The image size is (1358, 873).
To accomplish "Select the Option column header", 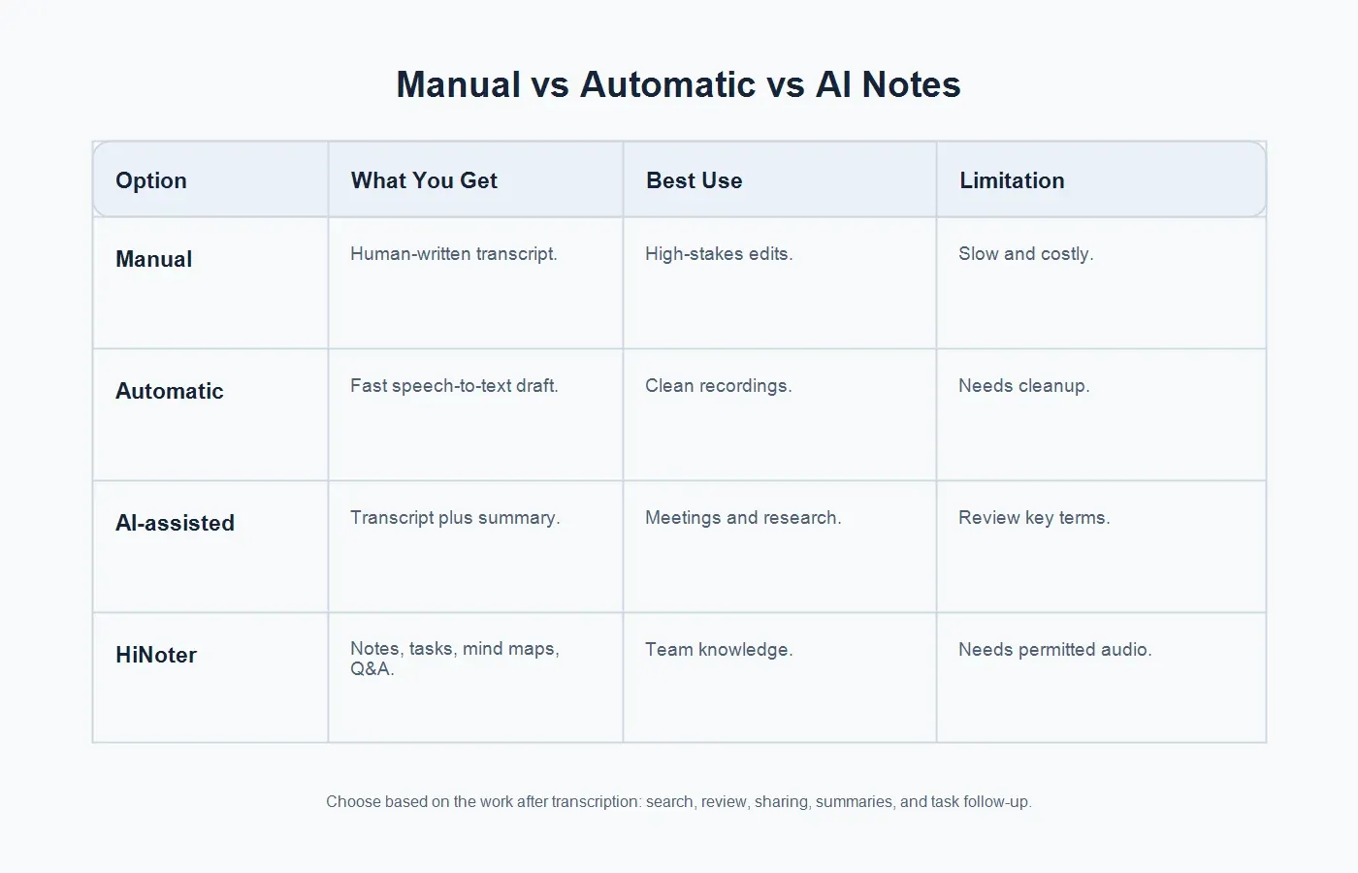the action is pos(151,180).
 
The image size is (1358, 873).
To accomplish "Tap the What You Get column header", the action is pos(424,180).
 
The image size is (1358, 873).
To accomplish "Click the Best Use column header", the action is pos(695,180).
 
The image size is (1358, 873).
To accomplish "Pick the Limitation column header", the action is pos(1012,180).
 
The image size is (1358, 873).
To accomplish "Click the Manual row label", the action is pos(153,259).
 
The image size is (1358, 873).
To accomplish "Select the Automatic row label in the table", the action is pos(169,391).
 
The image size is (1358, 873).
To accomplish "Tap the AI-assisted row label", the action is pos(175,523).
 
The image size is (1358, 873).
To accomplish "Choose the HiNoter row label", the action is pos(156,655).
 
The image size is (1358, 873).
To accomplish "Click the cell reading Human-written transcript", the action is pos(454,253).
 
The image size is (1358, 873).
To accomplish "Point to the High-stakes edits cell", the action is pos(719,253).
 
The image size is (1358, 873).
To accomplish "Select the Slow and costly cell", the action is pos(1026,253).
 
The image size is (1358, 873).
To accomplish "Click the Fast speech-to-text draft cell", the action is pos(454,386).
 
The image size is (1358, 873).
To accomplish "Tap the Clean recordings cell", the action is pos(719,386).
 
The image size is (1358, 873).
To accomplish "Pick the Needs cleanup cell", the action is pos(1024,386).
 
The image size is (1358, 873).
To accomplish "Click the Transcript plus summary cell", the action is pos(455,518).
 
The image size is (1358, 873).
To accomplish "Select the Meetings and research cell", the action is pos(743,518).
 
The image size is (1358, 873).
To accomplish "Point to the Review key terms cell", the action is pos(1034,518).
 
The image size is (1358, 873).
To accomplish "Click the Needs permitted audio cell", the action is pos(1055,649).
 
